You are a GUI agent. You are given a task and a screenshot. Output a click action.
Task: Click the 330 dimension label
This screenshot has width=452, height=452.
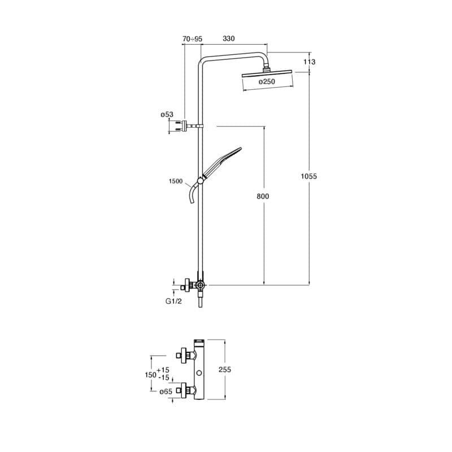229,38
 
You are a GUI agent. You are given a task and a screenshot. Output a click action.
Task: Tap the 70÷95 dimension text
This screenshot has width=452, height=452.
193,38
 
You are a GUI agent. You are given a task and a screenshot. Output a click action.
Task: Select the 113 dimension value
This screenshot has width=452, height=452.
309,62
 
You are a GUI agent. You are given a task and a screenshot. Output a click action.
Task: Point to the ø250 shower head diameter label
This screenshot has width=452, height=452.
267,81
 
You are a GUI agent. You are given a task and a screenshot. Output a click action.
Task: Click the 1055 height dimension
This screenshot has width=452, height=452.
308,176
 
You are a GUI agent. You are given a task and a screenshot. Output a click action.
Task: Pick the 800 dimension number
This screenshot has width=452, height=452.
263,196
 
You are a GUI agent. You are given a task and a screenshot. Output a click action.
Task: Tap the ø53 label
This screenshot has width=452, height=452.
167,115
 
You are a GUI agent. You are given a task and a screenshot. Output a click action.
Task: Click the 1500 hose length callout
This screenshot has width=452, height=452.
176,181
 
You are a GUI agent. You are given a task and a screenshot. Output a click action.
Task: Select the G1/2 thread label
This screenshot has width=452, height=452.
173,301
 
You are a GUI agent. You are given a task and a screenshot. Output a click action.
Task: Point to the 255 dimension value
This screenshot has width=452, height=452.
225,370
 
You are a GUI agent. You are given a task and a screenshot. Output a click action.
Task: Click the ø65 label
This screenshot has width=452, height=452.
166,392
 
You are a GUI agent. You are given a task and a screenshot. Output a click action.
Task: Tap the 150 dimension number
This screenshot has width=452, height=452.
150,375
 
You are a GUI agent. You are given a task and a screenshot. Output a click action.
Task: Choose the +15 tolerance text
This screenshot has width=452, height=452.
163,370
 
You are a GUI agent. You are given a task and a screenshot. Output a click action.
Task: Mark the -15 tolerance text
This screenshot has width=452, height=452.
163,377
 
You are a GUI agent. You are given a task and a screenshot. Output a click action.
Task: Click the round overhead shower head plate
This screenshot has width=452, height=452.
268,75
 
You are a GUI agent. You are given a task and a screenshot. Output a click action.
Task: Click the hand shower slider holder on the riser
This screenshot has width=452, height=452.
200,181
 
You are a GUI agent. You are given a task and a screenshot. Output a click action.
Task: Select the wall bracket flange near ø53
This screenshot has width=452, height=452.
184,126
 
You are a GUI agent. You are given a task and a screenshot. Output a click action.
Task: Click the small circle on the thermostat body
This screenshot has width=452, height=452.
199,373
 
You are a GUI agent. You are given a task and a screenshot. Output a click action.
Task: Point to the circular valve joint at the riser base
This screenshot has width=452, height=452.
200,285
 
